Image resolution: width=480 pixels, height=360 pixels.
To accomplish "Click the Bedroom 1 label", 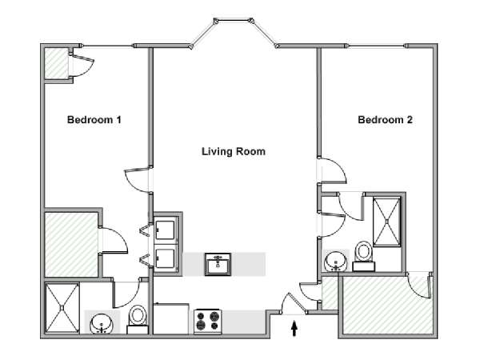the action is tap(94, 119).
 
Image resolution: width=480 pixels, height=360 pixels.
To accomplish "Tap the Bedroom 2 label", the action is tap(385, 119).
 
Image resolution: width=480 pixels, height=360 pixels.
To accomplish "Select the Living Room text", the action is tap(234, 151).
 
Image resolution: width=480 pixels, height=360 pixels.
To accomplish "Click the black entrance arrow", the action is tap(294, 328).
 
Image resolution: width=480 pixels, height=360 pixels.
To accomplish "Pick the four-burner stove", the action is tap(208, 321).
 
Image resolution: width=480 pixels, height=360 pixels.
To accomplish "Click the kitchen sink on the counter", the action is tap(218, 264).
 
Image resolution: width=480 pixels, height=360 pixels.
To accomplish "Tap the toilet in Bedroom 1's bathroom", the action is tap(138, 319).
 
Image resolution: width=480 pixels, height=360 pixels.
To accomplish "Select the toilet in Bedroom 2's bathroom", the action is tap(363, 256).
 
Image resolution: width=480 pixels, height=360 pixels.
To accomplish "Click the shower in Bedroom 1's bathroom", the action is tap(62, 308).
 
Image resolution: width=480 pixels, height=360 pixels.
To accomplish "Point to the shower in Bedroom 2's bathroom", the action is tap(386, 222).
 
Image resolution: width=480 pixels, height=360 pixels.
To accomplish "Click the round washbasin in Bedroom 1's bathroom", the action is tap(102, 324).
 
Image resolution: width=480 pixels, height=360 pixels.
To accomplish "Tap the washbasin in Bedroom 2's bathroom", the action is tap(335, 262).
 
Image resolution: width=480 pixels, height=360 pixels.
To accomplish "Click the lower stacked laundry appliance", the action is tap(166, 257).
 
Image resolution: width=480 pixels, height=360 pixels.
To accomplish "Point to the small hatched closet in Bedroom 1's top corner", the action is tap(57, 62).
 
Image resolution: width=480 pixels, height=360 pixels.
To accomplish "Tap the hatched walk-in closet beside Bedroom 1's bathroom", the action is tap(71, 245).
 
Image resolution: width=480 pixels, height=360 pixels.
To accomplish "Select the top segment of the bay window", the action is tap(234, 21).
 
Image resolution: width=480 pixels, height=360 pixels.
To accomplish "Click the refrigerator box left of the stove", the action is tap(170, 318).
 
